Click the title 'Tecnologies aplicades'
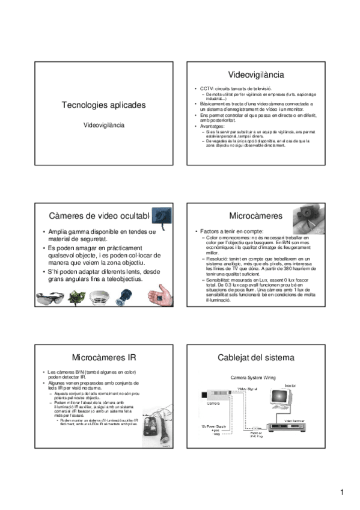coord(103,105)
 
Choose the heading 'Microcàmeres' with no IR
coord(247,215)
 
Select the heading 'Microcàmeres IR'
coord(103,357)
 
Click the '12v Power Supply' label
coord(212,425)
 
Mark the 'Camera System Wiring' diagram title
coord(253,378)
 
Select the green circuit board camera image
coord(77,298)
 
